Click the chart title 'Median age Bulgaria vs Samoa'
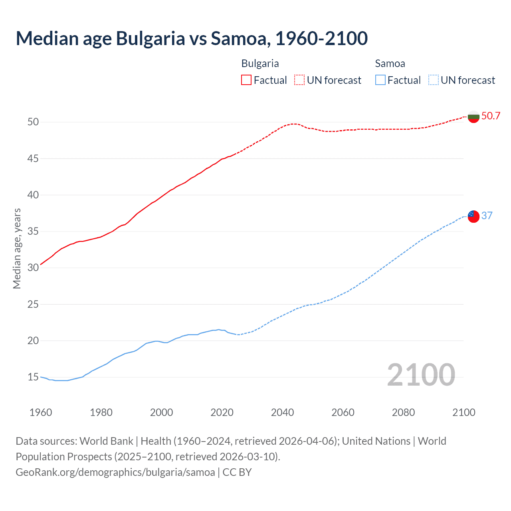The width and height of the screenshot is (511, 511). pos(192,39)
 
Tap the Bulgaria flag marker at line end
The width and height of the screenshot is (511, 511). pos(473,117)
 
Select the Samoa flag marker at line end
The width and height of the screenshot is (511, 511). pos(473,216)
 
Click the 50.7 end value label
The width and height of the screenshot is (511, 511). pos(491,116)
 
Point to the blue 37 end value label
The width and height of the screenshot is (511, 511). pos(487,216)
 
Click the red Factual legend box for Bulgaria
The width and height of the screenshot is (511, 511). pos(246,80)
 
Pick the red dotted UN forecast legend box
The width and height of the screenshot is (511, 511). pos(299,80)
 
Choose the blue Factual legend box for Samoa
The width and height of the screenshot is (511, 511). pos(380,80)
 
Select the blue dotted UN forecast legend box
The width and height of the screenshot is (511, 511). pos(433,80)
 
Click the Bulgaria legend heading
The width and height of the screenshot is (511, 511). pos(260,63)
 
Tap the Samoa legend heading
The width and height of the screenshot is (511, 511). pos(390,63)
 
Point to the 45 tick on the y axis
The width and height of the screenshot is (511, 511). pos(33,158)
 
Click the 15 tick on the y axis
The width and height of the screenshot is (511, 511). pos(33,377)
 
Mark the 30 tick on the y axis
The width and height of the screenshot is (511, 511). pos(33,268)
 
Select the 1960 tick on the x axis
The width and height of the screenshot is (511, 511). pos(41,412)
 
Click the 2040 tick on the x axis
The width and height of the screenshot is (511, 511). pos(282,412)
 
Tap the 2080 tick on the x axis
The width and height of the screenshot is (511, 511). pos(403,412)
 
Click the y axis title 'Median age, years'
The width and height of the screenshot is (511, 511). pos(17,248)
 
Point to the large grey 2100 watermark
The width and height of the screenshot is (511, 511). pos(421,375)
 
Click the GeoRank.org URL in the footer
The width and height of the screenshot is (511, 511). pos(115,472)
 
